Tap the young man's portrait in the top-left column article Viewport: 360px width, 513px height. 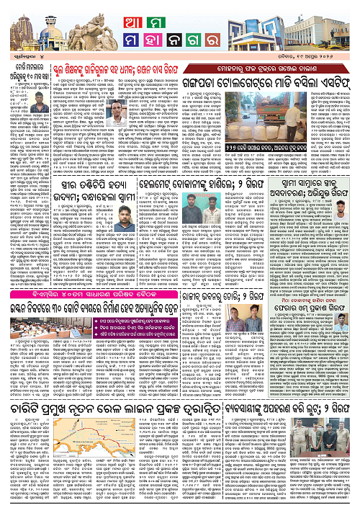(17, 125)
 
